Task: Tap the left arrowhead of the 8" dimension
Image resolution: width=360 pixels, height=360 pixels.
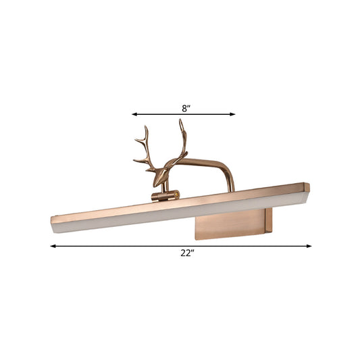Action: pyautogui.click(x=134, y=114)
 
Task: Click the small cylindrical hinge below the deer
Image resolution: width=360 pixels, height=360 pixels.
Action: pyautogui.click(x=163, y=196)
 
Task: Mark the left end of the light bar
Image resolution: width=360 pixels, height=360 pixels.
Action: pyautogui.click(x=54, y=221)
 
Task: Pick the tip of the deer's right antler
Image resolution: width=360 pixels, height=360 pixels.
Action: pyautogui.click(x=180, y=121)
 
